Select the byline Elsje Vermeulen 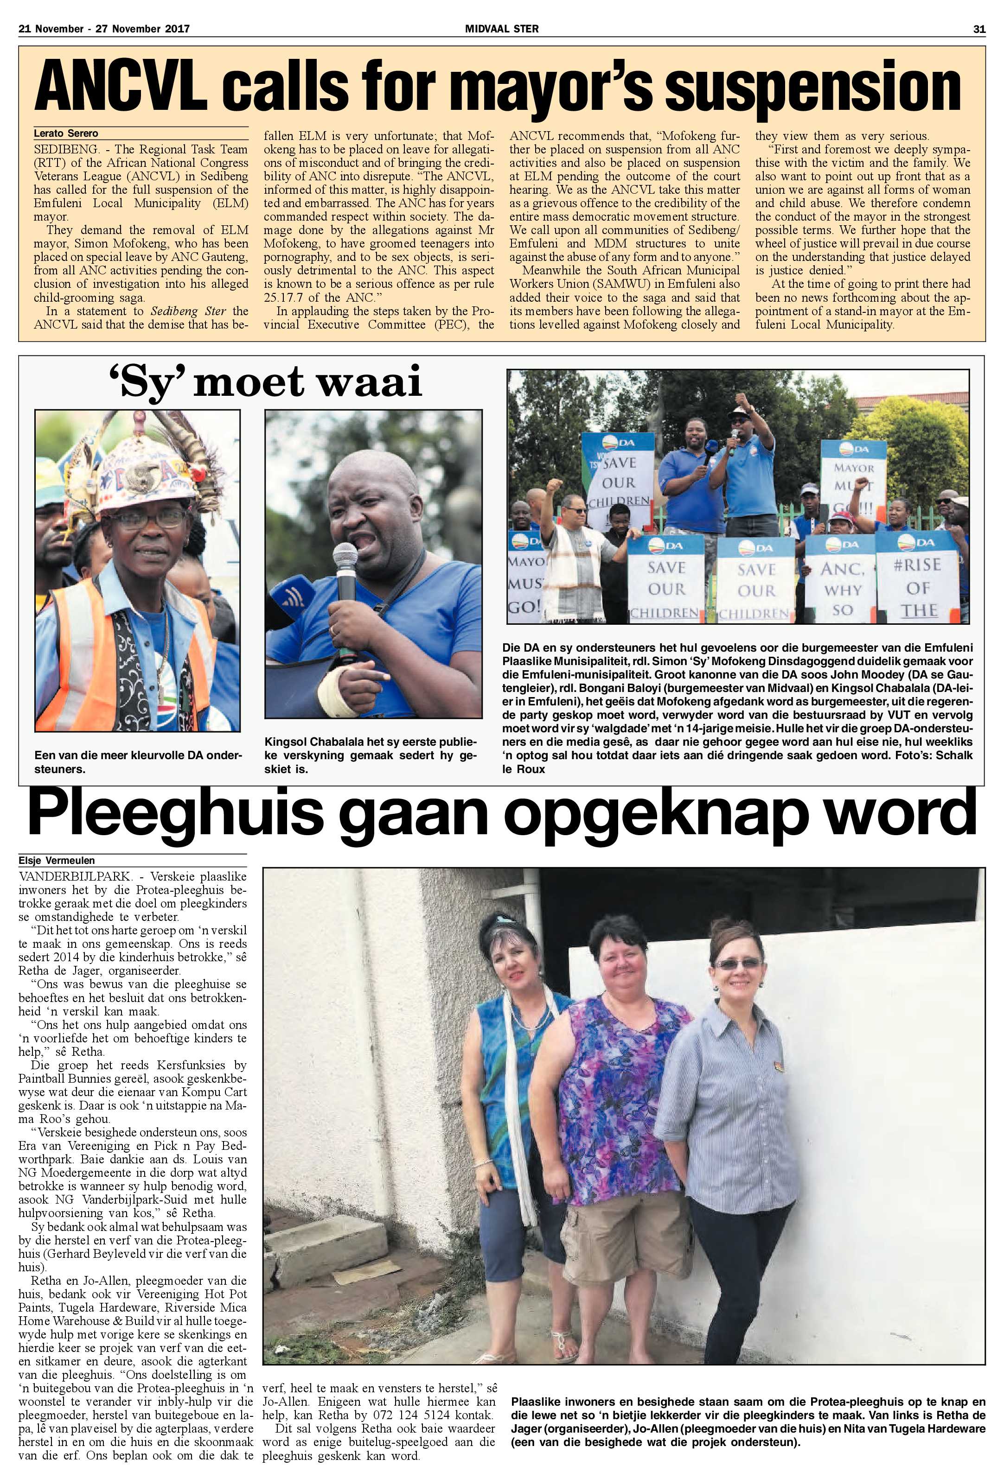pyautogui.click(x=57, y=861)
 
